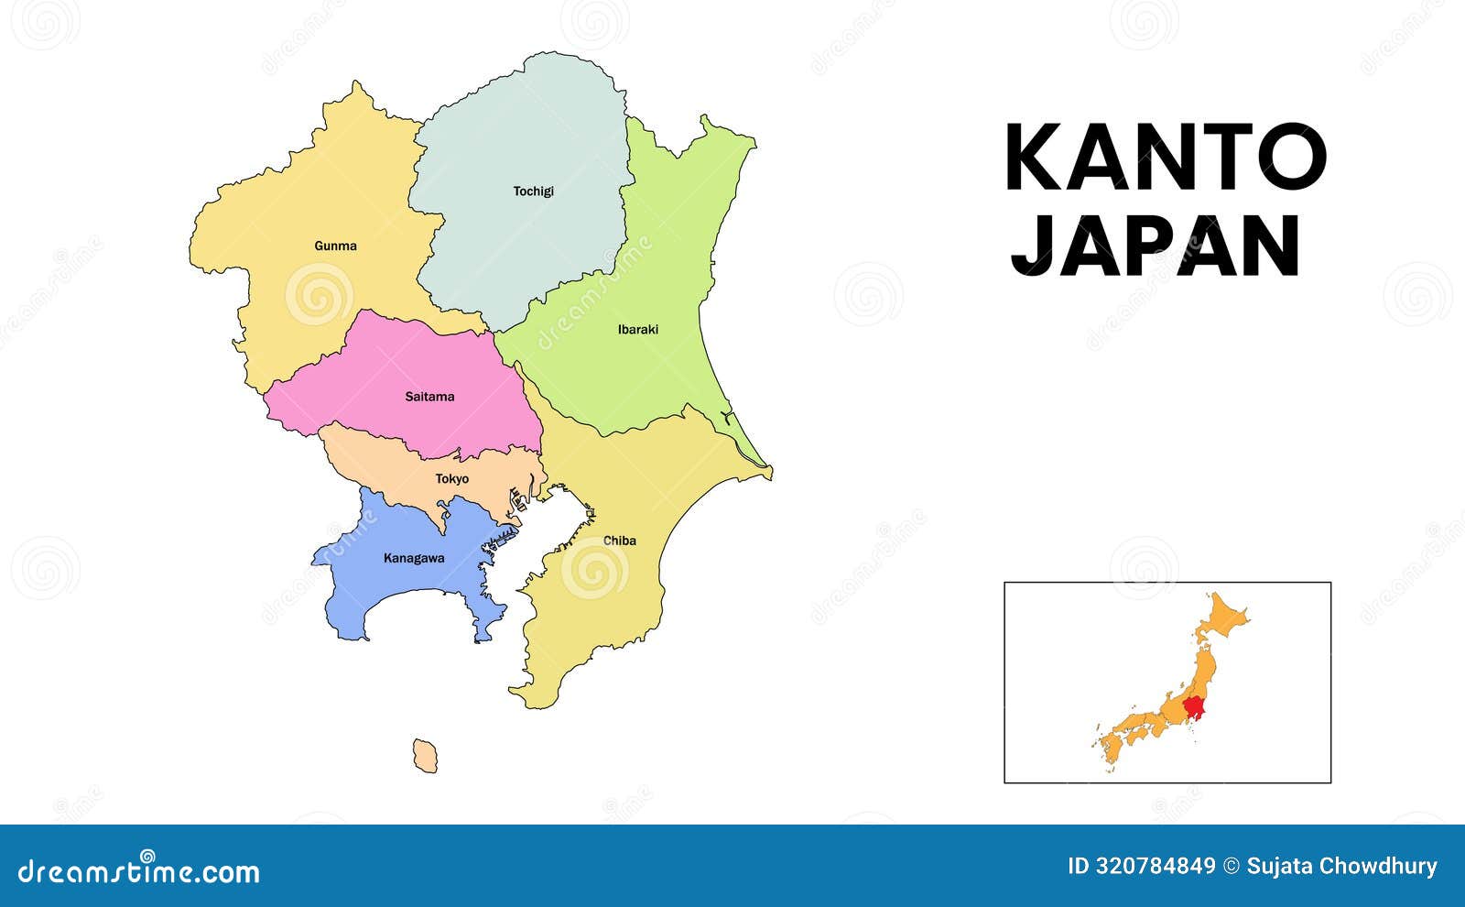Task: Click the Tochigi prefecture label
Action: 533,191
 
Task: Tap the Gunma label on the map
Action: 335,246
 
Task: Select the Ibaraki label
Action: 637,330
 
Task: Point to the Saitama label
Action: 429,397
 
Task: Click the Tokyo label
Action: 451,479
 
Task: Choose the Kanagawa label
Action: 414,558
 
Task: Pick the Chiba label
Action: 619,541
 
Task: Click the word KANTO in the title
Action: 1165,158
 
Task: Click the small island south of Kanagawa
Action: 425,756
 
